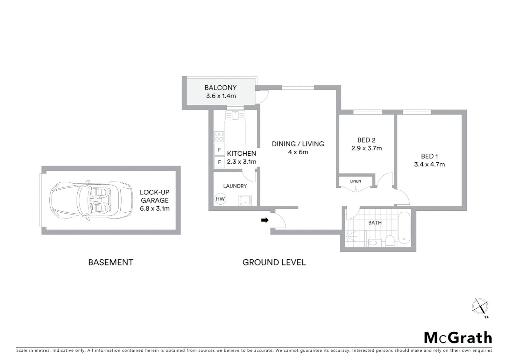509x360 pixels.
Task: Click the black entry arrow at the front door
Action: pyautogui.click(x=264, y=220)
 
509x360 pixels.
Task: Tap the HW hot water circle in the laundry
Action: pyautogui.click(x=220, y=199)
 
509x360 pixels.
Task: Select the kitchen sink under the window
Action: pyautogui.click(x=235, y=115)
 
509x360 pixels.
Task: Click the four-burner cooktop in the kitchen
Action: pyautogui.click(x=219, y=137)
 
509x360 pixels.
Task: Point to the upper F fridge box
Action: pyautogui.click(x=219, y=150)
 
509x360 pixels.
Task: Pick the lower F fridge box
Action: pyautogui.click(x=219, y=162)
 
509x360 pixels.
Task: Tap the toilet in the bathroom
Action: pyautogui.click(x=390, y=240)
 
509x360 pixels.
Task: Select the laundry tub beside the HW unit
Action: pyautogui.click(x=246, y=201)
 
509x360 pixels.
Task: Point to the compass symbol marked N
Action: pyautogui.click(x=480, y=307)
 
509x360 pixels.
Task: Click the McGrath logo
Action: pyautogui.click(x=458, y=338)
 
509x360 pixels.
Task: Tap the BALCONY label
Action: pyautogui.click(x=221, y=88)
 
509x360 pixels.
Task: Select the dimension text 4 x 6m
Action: pyautogui.click(x=298, y=152)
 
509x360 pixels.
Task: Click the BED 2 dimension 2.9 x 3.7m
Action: pyautogui.click(x=366, y=148)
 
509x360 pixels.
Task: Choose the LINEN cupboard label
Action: pyautogui.click(x=355, y=181)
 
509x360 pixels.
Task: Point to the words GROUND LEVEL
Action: pyautogui.click(x=274, y=262)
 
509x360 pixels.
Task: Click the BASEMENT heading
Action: pyautogui.click(x=111, y=262)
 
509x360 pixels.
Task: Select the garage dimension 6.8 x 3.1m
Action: pyautogui.click(x=155, y=209)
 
